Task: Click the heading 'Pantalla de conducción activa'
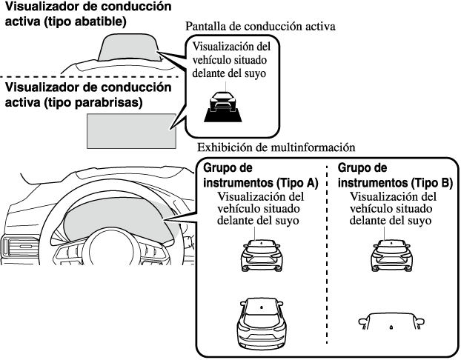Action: (261, 26)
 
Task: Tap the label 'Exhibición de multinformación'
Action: (271, 147)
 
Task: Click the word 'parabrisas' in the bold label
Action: (105, 104)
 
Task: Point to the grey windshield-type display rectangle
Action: (131, 130)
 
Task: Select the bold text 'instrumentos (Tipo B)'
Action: (395, 183)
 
